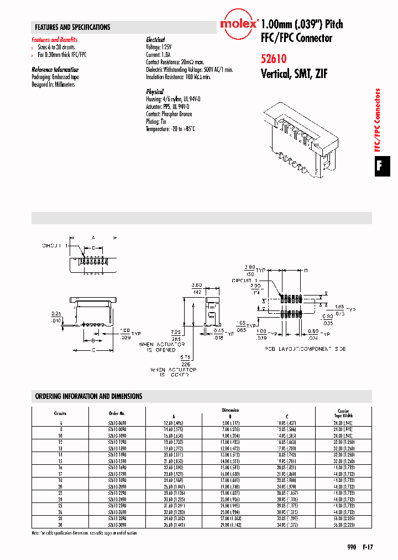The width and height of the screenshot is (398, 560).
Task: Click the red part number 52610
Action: coord(273,57)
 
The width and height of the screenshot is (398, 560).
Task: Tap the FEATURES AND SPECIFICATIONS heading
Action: coord(72,27)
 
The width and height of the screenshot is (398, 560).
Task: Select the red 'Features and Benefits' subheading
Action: coord(55,40)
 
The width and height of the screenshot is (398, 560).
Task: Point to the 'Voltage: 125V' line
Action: coord(161,47)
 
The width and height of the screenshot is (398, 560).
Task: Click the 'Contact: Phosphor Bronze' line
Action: coord(169,114)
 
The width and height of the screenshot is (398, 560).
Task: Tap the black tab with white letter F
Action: coord(380,165)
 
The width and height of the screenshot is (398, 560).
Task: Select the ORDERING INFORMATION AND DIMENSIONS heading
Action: coord(88,396)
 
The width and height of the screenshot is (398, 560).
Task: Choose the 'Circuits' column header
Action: coord(60,413)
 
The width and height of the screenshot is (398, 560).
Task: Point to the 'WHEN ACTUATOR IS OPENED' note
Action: coord(158,347)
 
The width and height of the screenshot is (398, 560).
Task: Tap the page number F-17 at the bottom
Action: coord(368,547)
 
